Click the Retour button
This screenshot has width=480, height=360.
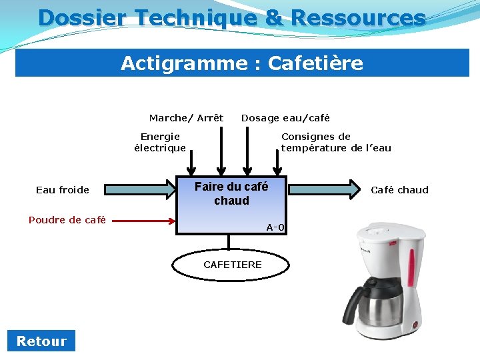[41, 341]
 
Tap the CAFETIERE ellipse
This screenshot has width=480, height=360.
[232, 265]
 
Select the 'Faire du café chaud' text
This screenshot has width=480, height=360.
[231, 193]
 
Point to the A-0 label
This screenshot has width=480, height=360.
[275, 227]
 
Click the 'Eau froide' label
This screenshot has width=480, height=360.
[63, 190]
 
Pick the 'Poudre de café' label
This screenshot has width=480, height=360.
[67, 220]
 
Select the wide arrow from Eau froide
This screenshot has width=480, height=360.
[139, 190]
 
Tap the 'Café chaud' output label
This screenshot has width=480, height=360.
[399, 190]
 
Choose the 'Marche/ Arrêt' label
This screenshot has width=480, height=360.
[186, 118]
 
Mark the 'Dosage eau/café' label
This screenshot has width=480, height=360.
[285, 118]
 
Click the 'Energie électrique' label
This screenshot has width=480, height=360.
[160, 142]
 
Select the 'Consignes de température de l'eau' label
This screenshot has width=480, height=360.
[336, 142]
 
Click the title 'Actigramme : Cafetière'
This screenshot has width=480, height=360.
[242, 63]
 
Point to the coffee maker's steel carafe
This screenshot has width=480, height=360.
[380, 303]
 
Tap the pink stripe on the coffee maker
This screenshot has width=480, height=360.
[411, 267]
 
